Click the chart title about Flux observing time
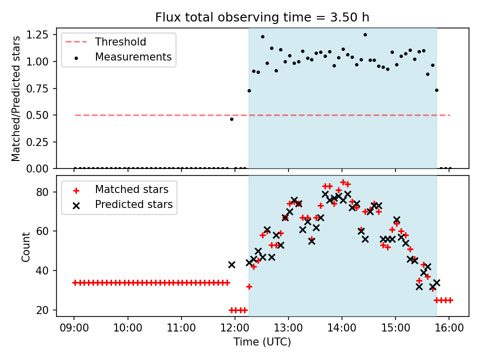pos(262,17)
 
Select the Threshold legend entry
pos(120,41)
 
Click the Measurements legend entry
pos(133,57)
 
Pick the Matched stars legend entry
pos(131,189)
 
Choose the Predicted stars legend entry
pos(133,204)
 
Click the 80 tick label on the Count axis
pos(44,192)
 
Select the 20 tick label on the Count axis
pos(44,310)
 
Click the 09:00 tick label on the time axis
pos(74,329)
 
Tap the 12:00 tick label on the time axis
pos(235,329)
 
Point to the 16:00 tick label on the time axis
pos(449,329)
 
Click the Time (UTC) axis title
pos(262,342)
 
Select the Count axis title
pos(25,246)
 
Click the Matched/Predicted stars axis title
pos(16,98)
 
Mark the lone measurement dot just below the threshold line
pos(231,119)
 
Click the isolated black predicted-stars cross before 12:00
pos(231,264)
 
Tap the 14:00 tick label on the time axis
pos(342,329)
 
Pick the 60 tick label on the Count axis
pos(44,231)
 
